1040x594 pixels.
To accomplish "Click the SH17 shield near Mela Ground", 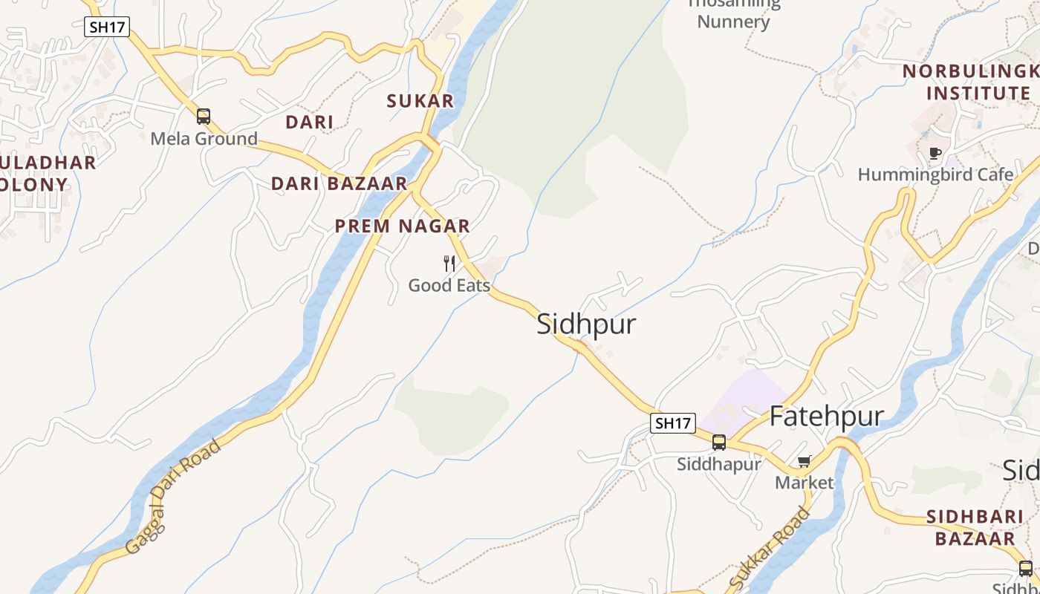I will point(108,27).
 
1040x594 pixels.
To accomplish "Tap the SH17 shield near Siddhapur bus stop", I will point(672,423).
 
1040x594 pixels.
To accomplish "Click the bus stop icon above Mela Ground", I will point(203,117).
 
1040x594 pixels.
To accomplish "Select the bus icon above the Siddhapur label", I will point(718,443).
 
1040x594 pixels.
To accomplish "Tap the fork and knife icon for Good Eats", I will point(449,264).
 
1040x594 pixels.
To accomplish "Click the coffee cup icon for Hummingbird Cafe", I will point(935,154).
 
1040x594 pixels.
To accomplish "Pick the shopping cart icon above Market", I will point(804,462).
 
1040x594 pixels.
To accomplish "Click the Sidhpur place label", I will point(586,324).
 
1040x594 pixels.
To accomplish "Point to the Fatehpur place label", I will point(826,417).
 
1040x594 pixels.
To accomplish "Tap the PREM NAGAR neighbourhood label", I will point(402,226).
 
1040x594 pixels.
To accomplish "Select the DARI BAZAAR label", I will point(339,183).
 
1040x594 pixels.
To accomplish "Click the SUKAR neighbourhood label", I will point(420,101).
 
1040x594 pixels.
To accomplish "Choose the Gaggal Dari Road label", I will point(173,496).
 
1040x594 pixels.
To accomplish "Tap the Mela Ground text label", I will point(204,139).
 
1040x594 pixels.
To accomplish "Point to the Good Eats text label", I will point(449,285).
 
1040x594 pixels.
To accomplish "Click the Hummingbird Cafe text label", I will point(935,174).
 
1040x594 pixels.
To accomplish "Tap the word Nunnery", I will point(733,22).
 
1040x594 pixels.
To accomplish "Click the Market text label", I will point(804,483).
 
